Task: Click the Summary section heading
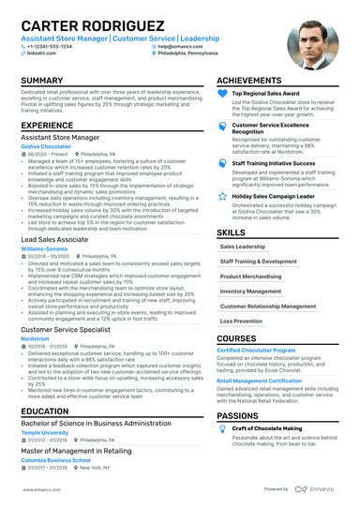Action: tap(42, 82)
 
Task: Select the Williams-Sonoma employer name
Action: tap(47, 248)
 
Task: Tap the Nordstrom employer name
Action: tap(37, 338)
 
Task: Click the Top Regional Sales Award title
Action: tap(266, 95)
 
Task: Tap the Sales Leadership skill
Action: tap(243, 246)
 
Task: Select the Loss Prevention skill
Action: tap(241, 321)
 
